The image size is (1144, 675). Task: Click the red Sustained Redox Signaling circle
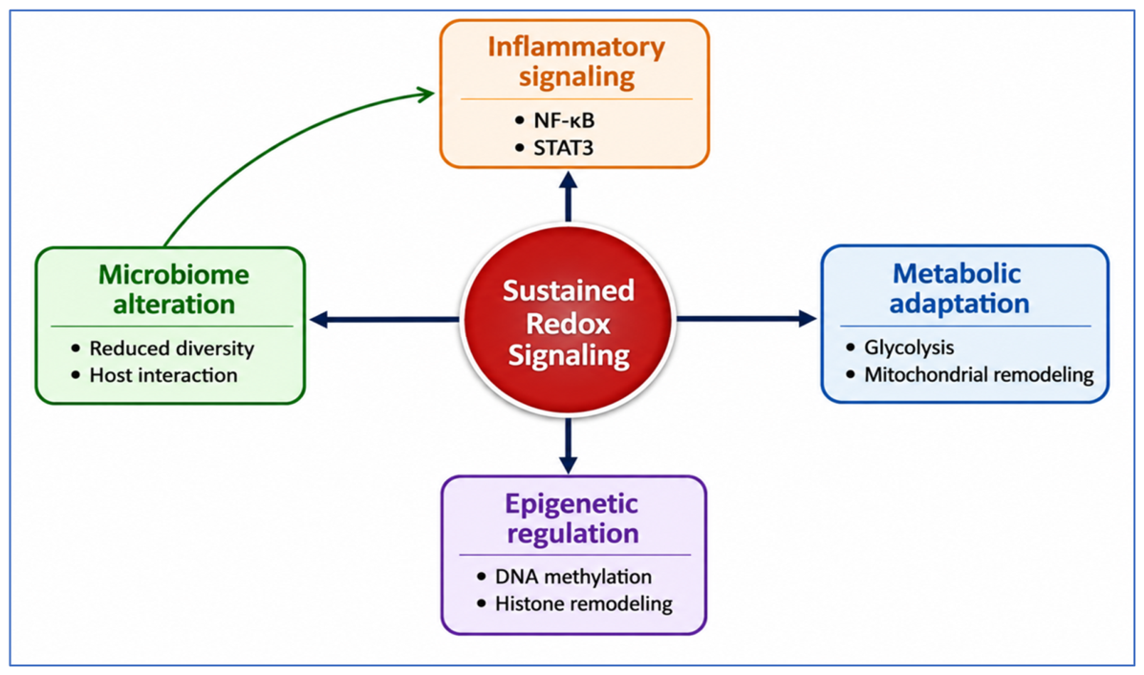coord(569,320)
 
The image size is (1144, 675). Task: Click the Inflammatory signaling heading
coord(576,62)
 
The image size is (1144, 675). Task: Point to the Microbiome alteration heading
coord(174,289)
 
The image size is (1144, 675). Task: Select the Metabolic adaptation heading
coord(959,288)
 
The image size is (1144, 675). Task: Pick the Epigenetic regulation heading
coord(572,518)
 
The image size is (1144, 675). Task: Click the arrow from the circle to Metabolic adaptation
coord(746,319)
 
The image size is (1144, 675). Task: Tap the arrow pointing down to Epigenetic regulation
coord(569,445)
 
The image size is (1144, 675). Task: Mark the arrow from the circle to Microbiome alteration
coord(384,319)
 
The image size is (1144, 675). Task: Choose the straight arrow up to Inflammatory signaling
coord(569,197)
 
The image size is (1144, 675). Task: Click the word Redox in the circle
coord(568,323)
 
